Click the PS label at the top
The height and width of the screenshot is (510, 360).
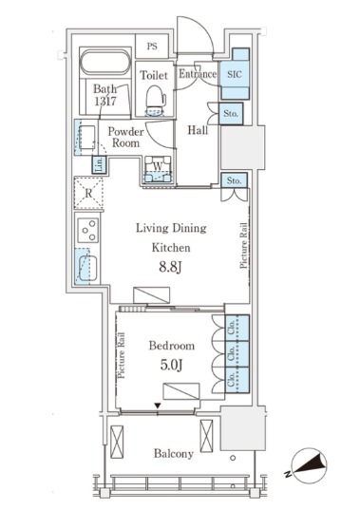click(152, 47)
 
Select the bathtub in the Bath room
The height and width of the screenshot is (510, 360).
click(105, 63)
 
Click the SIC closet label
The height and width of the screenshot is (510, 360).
click(235, 74)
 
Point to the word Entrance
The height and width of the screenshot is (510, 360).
click(198, 74)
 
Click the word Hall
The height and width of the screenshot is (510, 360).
click(198, 130)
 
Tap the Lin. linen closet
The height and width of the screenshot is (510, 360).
click(99, 164)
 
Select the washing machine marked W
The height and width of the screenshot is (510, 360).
click(158, 169)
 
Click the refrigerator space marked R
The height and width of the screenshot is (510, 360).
click(88, 193)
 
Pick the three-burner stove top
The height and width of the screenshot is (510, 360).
click(88, 230)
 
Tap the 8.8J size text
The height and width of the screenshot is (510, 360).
click(170, 268)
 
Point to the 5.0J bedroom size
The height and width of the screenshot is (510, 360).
click(171, 365)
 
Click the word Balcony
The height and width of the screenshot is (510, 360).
click(174, 453)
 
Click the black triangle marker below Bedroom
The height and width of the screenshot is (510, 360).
click(158, 406)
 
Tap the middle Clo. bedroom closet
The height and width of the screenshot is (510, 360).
click(237, 354)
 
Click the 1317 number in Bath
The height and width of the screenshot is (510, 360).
click(105, 102)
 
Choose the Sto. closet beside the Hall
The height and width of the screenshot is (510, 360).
click(231, 114)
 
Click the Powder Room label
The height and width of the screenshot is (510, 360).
click(125, 138)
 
